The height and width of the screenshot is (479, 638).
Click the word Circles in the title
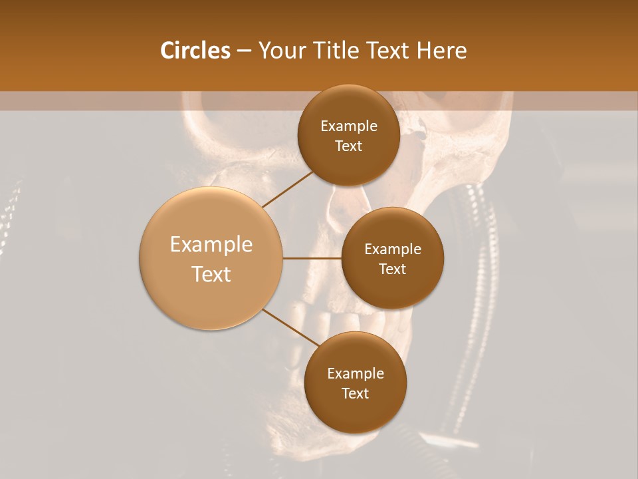pos(195,51)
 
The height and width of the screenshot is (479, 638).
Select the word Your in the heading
pos(282,51)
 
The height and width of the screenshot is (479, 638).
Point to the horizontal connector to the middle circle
pos(312,258)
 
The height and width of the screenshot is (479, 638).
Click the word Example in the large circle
pos(211,245)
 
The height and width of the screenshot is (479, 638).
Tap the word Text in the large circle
pos(211,274)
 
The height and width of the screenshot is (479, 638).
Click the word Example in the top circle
pos(348,126)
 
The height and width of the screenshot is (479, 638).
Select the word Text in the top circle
pos(348,146)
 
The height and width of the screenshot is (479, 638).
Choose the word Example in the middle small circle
pos(392,249)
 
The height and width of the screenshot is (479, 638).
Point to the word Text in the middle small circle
pos(392,269)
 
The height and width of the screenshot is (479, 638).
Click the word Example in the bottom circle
pos(355,374)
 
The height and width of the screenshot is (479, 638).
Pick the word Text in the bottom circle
pos(355,394)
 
